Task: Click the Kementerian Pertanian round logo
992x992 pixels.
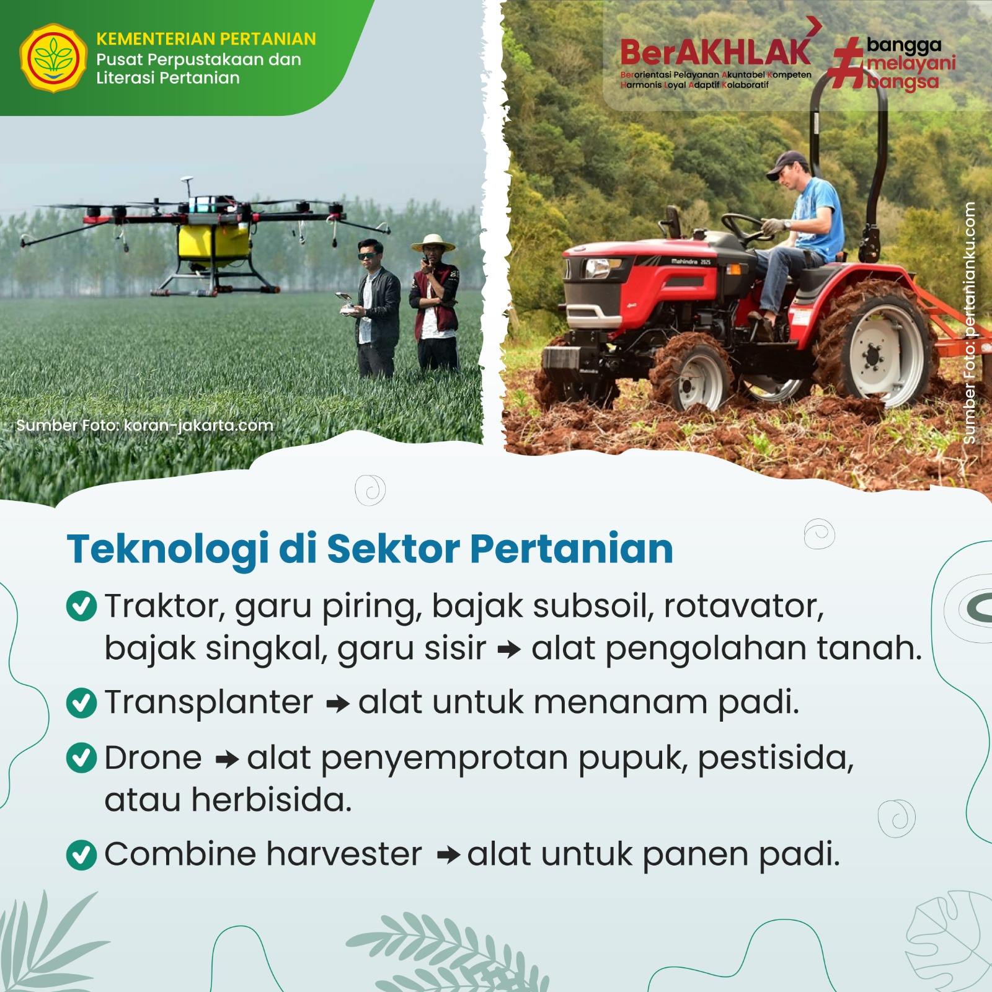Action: click(x=54, y=58)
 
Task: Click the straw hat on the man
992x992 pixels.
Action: click(x=433, y=242)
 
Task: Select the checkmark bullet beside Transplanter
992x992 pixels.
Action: click(x=81, y=703)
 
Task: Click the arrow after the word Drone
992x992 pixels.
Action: click(x=227, y=759)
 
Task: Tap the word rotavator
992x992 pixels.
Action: click(x=743, y=606)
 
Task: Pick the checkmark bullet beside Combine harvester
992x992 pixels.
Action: click(x=81, y=856)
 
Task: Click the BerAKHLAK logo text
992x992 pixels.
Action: click(x=715, y=51)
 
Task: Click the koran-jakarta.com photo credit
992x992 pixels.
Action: click(x=144, y=425)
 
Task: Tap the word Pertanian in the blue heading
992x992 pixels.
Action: click(x=572, y=549)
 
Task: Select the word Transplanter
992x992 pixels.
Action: click(x=209, y=703)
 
